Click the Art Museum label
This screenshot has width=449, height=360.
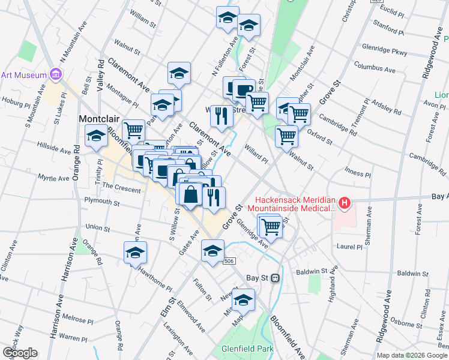click(24, 75)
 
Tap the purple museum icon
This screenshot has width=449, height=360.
click(56, 74)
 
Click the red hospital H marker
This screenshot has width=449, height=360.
click(345, 204)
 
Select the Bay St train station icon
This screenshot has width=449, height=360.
click(276, 278)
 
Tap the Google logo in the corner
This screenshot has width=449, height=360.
click(20, 353)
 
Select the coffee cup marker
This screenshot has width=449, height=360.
click(244, 91)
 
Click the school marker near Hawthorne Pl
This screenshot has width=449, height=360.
click(135, 253)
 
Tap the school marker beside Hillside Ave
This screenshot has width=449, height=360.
click(96, 136)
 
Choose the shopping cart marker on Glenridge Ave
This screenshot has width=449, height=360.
click(272, 227)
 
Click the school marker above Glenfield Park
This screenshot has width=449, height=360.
click(243, 301)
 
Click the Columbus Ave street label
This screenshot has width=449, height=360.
click(375, 67)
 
